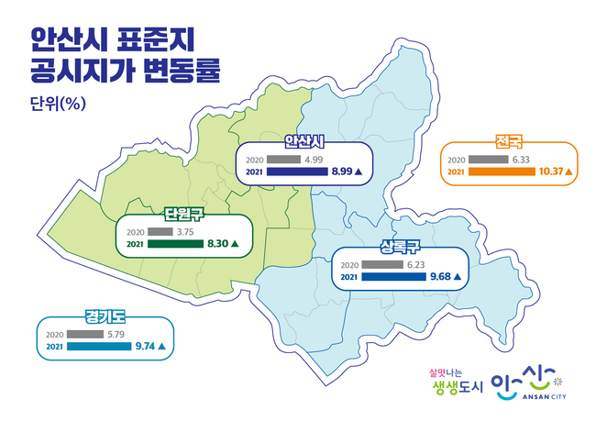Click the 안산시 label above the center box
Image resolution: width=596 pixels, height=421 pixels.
click(x=304, y=141)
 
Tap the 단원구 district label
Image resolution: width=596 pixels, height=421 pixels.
click(x=184, y=214)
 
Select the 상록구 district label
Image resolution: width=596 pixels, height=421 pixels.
click(x=400, y=247)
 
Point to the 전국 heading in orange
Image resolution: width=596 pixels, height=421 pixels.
click(x=509, y=141)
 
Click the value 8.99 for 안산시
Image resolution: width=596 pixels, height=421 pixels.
click(x=342, y=172)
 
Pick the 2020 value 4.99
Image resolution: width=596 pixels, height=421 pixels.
click(x=314, y=160)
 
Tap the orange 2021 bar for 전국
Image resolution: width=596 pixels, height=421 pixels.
click(x=502, y=172)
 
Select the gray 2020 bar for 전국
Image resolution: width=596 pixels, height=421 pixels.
click(x=489, y=160)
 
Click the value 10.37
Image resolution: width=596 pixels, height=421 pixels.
click(x=551, y=172)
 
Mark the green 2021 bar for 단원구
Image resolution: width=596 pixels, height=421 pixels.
click(x=176, y=244)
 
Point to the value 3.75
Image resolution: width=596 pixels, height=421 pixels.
click(x=185, y=232)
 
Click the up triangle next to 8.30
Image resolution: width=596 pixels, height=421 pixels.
click(x=235, y=244)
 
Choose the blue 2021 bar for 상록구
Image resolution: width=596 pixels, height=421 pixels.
click(x=393, y=277)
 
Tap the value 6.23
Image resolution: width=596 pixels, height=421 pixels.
click(x=416, y=265)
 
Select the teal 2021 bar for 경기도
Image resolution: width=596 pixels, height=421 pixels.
click(x=99, y=347)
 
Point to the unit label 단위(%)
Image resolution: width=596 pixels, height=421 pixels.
click(x=58, y=103)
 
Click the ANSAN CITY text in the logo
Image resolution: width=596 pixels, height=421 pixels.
click(x=545, y=396)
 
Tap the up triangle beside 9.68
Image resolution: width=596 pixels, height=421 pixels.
click(x=457, y=277)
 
